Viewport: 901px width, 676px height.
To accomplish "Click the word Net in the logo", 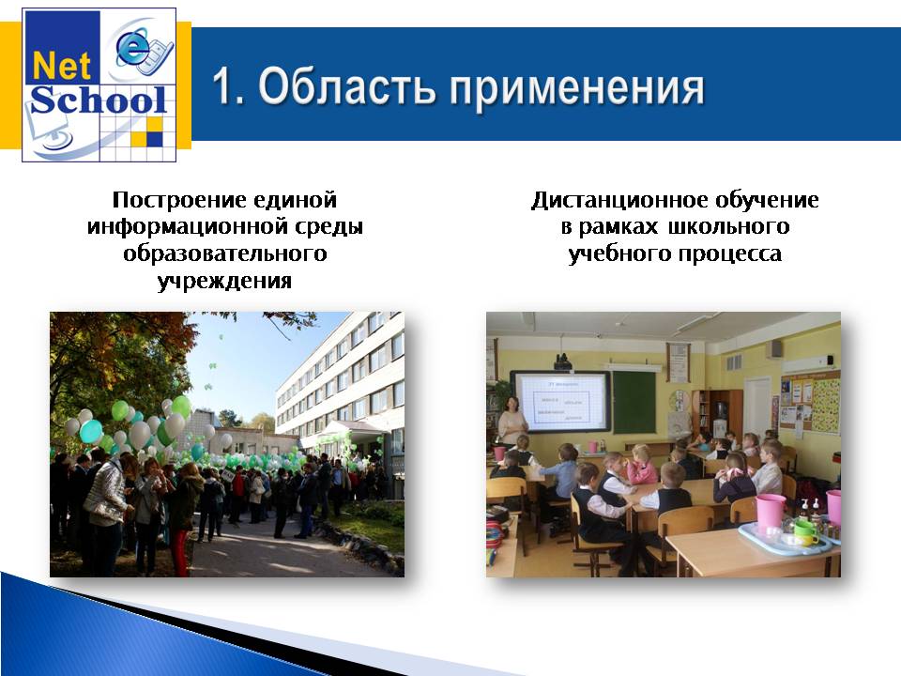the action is (62, 66).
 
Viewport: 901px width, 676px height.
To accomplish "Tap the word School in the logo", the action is (99, 100).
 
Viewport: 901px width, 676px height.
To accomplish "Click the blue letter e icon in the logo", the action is (134, 48).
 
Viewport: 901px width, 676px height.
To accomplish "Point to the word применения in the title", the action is (576, 90).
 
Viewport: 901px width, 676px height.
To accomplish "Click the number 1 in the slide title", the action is (226, 86).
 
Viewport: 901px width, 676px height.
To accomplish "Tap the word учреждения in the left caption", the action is (224, 282).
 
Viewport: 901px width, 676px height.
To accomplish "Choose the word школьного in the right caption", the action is (728, 227).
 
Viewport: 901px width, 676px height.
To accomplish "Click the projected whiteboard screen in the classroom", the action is (561, 401).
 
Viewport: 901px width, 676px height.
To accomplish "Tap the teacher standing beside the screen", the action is (512, 419).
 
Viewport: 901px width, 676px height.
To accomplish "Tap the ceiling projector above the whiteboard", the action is (562, 362).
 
